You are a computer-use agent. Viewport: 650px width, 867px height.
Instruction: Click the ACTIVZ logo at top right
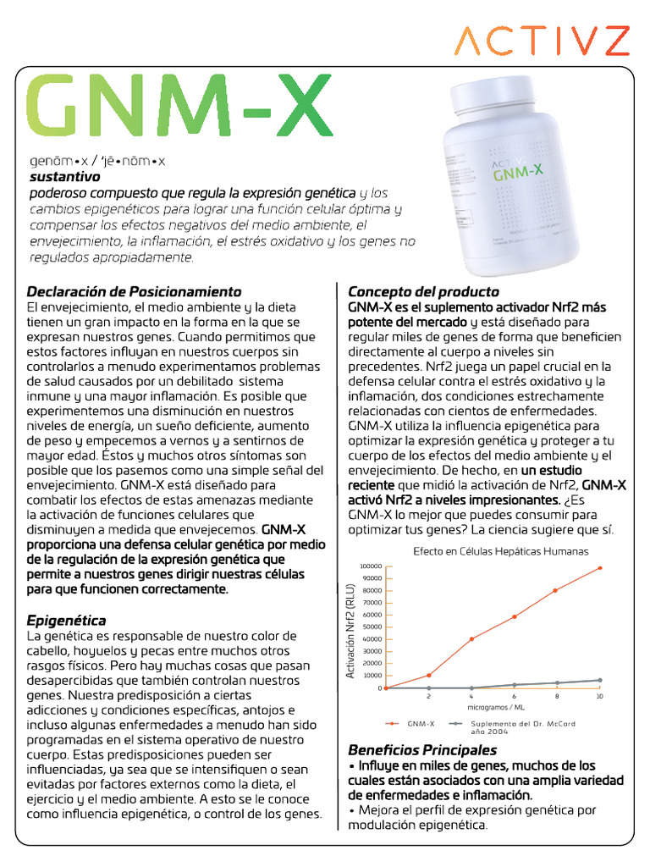[542, 41]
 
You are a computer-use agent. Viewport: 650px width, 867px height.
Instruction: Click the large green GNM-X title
[179, 110]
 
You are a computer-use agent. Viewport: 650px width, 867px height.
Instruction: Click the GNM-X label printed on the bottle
[518, 174]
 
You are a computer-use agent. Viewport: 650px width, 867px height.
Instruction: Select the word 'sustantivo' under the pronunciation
[64, 177]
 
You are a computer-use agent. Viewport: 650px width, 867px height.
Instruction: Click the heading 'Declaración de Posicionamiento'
[135, 291]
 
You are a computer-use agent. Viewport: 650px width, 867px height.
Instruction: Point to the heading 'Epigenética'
[67, 620]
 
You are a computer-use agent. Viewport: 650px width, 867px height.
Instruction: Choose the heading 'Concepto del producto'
[423, 291]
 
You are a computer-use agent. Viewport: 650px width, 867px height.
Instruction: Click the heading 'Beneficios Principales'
[422, 750]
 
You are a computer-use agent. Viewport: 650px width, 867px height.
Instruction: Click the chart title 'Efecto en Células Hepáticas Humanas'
[500, 551]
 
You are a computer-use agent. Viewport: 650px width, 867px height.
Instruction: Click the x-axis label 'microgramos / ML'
[495, 705]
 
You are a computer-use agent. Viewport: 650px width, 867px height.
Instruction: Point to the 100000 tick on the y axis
[371, 567]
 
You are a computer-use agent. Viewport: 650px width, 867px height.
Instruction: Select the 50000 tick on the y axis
[372, 627]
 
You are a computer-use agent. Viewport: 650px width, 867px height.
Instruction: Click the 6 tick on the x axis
[514, 696]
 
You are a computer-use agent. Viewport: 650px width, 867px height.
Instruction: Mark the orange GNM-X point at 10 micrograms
[600, 568]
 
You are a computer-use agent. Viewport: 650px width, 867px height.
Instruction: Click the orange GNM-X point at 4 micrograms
[471, 638]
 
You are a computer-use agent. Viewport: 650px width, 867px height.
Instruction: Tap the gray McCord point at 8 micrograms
[557, 682]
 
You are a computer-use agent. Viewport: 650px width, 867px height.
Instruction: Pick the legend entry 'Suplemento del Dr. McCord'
[522, 724]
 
